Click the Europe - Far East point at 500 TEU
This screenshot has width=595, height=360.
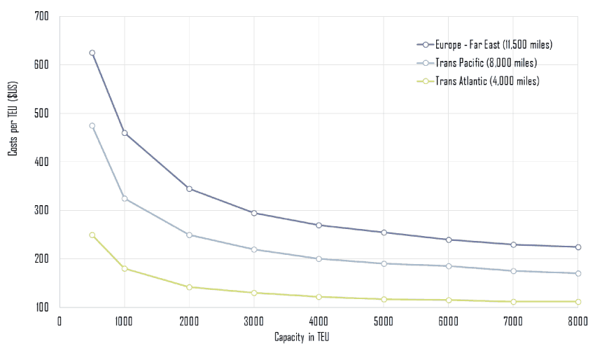coord(92,53)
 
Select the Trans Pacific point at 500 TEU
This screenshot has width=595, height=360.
coord(92,126)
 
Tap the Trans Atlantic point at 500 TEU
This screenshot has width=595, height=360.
coord(92,235)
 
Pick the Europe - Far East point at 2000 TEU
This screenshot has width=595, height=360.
coord(189,189)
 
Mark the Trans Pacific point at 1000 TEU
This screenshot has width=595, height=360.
coord(125,199)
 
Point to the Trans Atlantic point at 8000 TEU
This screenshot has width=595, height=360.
coord(577,302)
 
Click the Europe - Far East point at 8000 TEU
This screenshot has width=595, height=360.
coord(577,247)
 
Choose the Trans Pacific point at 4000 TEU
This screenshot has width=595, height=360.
coord(318,258)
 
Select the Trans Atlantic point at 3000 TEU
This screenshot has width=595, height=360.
coord(254,293)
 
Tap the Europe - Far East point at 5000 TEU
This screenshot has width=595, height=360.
coord(384,233)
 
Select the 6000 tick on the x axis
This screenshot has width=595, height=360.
coord(448,321)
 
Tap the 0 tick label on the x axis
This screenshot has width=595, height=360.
coord(59,321)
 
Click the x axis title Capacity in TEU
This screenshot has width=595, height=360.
coord(307,339)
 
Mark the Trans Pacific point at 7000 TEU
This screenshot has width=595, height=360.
coord(513,271)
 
